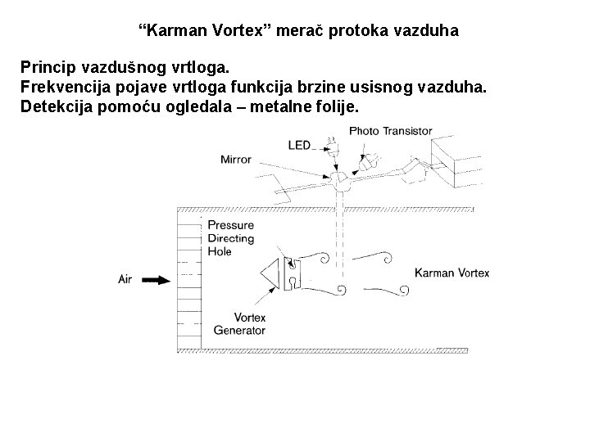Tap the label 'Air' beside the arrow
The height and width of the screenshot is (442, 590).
click(x=125, y=279)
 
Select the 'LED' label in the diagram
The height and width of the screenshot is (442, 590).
click(x=299, y=145)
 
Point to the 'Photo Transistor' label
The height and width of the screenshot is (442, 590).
click(x=390, y=131)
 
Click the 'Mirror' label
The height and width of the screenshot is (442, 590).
click(x=237, y=160)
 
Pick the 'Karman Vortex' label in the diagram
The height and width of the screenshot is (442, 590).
click(x=452, y=273)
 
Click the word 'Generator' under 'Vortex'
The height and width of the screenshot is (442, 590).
click(x=239, y=331)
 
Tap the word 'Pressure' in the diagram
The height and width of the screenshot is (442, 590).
click(x=231, y=225)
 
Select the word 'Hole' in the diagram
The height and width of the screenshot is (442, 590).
click(x=220, y=251)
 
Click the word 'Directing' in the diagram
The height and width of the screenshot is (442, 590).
click(x=231, y=238)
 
